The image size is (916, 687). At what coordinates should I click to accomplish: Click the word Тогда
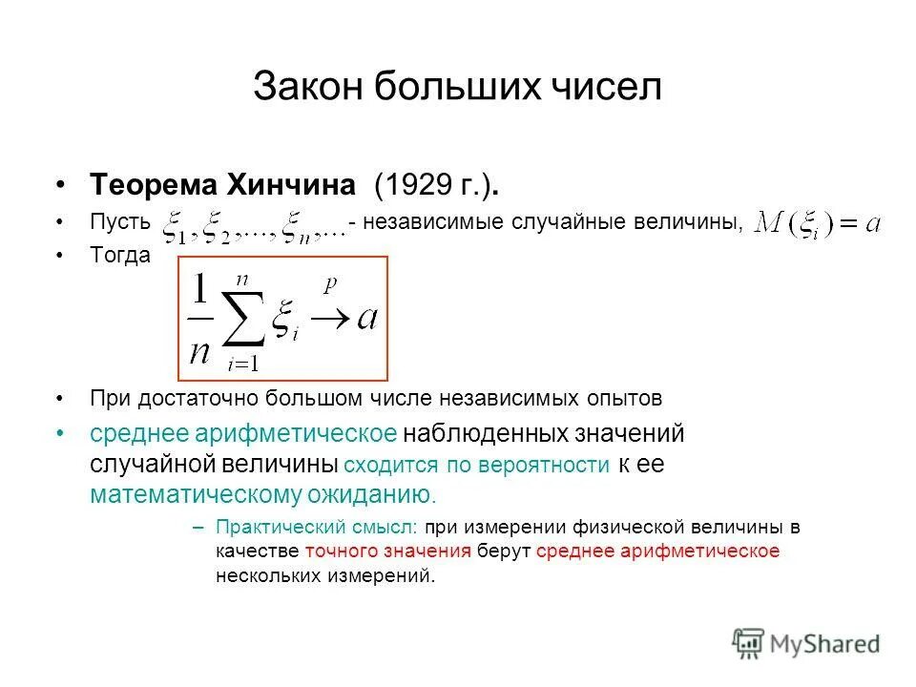click(120, 258)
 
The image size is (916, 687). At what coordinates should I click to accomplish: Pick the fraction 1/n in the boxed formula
click(199, 320)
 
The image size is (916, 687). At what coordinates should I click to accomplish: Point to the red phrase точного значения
click(388, 551)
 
